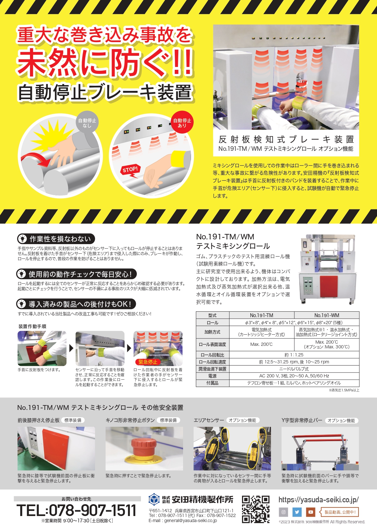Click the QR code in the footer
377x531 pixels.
[255, 509]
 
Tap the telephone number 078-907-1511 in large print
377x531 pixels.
[77, 510]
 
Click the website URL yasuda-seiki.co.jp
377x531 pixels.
[318, 499]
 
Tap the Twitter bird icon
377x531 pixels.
[297, 512]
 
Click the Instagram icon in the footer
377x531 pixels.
[284, 512]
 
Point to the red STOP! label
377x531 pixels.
[130, 170]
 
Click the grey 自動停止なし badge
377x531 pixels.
[87, 123]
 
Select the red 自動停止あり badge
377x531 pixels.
[182, 123]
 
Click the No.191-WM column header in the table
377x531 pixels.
[327, 315]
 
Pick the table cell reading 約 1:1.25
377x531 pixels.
[294, 355]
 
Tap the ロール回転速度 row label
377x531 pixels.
[212, 362]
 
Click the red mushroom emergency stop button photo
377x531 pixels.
[144, 449]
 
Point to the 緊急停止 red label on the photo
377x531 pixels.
[148, 362]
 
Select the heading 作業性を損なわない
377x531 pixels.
[60, 239]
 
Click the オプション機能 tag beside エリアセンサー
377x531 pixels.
[242, 420]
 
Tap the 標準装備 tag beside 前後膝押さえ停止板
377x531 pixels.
[73, 420]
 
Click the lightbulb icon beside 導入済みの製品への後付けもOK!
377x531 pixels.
[21, 304]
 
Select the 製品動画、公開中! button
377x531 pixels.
[340, 512]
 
